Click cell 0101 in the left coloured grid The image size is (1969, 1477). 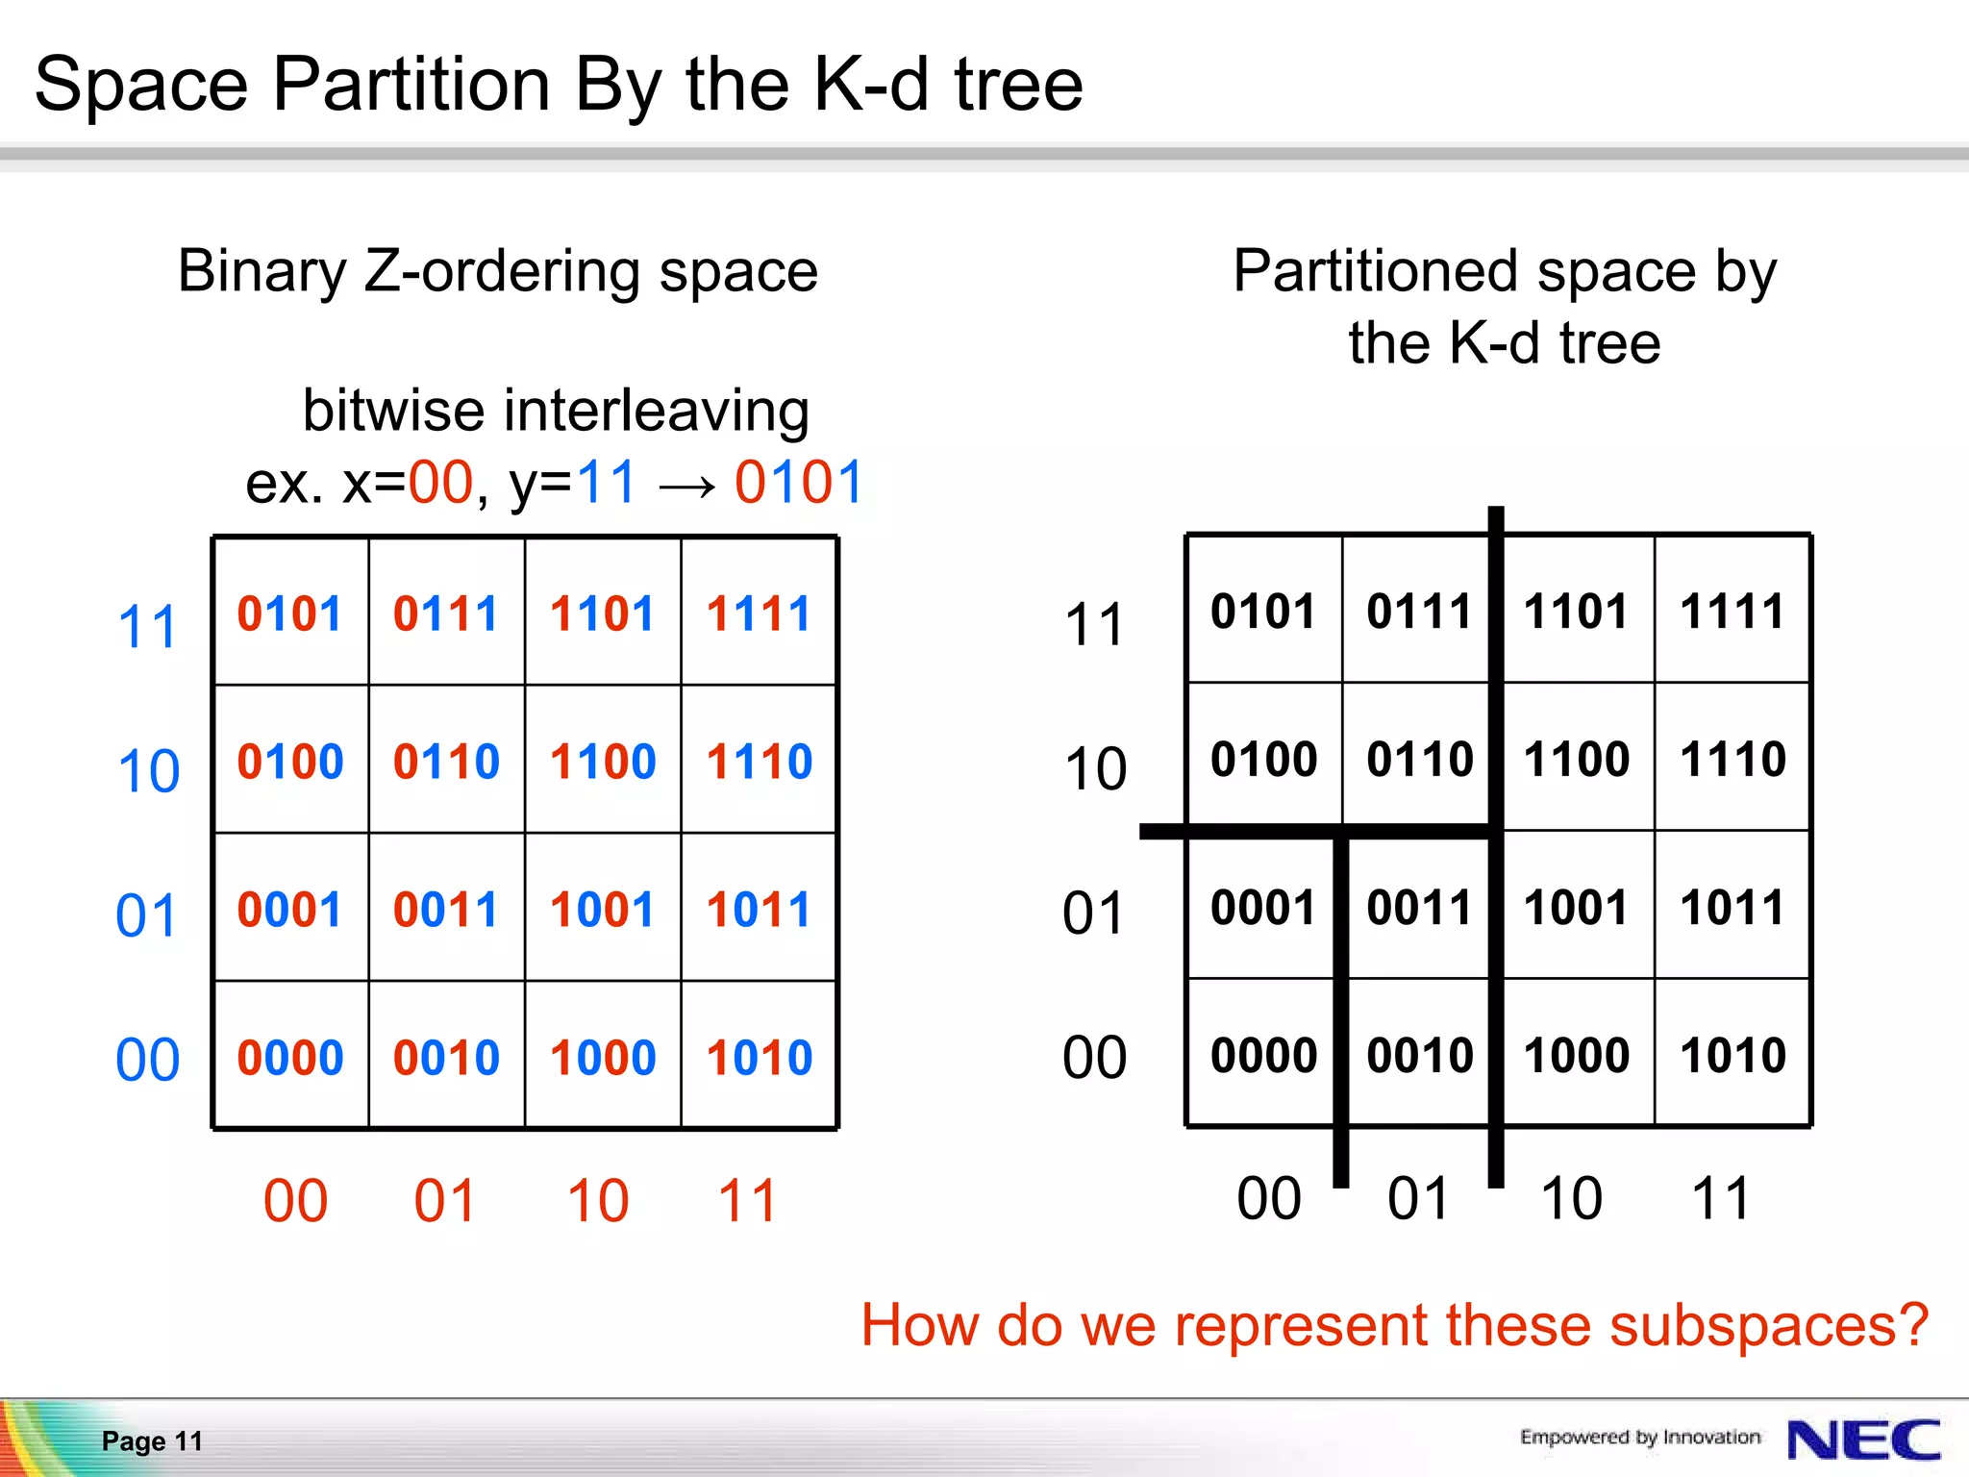click(289, 613)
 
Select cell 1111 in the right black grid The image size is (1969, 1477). click(1732, 612)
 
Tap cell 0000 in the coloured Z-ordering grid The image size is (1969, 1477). click(290, 1058)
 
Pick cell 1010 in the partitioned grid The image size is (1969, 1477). click(1732, 1056)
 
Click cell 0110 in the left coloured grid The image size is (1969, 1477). click(446, 762)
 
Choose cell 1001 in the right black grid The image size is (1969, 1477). click(1576, 908)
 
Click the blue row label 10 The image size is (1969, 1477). click(148, 771)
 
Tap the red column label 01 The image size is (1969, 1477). click(445, 1201)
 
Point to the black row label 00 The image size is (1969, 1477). click(1094, 1058)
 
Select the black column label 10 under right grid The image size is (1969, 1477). click(1571, 1199)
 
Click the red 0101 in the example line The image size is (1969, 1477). click(798, 483)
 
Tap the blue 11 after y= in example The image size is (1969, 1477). click(607, 483)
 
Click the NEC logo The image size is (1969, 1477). click(1863, 1439)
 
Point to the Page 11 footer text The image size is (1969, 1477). click(152, 1440)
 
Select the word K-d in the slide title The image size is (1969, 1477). click(871, 85)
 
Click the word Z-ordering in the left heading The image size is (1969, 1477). click(503, 271)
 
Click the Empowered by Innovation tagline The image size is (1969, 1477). click(1639, 1437)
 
